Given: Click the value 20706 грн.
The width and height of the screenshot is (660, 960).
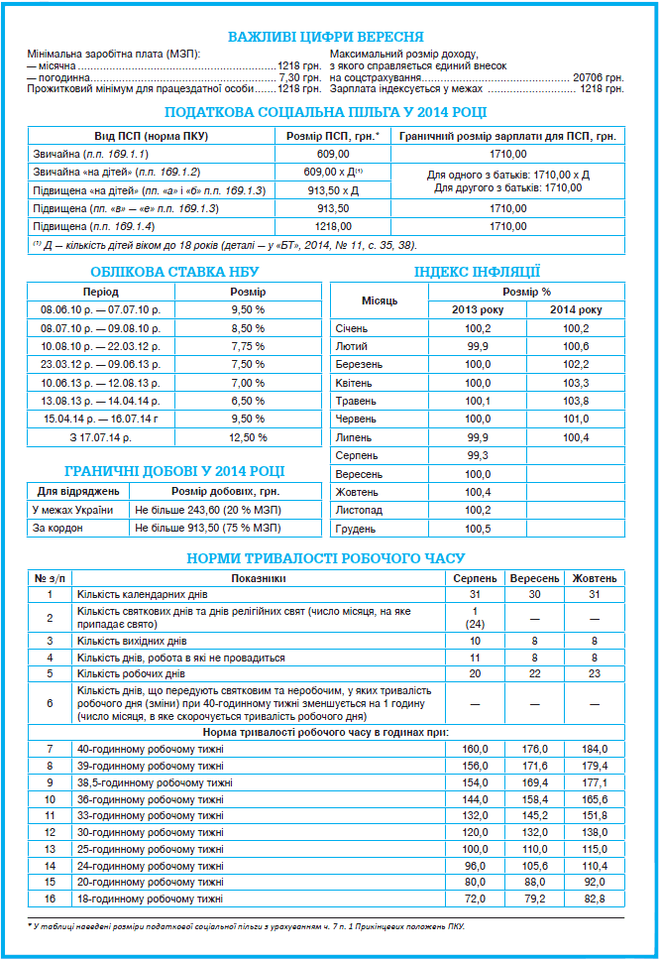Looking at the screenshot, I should click(x=599, y=76).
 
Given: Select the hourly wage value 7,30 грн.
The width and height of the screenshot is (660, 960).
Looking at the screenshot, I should click(x=300, y=76).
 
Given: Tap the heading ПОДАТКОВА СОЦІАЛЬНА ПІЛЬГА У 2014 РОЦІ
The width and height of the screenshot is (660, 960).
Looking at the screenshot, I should click(x=327, y=112).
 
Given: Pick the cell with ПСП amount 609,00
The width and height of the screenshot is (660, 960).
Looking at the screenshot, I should click(x=333, y=154).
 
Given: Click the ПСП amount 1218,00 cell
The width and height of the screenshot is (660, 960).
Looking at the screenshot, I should click(x=333, y=226).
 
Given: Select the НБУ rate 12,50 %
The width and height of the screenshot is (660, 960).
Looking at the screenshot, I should click(x=248, y=436).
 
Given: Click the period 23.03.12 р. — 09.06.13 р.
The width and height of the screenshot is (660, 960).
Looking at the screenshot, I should click(x=101, y=364).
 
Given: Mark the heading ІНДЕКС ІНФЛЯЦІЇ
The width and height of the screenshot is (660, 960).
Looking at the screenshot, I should click(x=477, y=271).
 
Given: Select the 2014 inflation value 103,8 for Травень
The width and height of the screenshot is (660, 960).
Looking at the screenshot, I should click(x=576, y=401).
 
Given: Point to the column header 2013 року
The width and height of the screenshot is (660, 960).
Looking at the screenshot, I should click(x=477, y=310).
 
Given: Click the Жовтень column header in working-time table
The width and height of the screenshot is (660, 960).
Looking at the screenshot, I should click(x=595, y=578).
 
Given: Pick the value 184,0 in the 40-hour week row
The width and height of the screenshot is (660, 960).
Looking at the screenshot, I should click(x=595, y=749).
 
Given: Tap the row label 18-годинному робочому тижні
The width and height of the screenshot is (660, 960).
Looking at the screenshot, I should click(x=151, y=899).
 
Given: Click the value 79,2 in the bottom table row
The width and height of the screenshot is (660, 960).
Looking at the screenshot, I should click(x=535, y=899).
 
